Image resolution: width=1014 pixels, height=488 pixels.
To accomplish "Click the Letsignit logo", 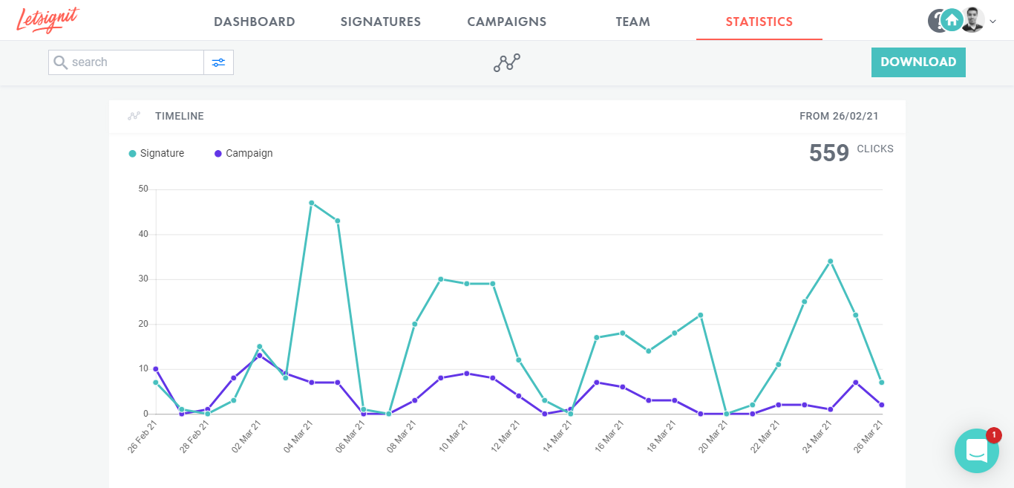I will coord(48,20).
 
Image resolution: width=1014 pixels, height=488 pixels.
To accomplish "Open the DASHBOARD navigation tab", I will coord(255,22).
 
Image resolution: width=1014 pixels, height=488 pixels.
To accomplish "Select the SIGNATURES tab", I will coord(381,22).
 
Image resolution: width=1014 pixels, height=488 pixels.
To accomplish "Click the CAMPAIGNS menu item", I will coord(507,22).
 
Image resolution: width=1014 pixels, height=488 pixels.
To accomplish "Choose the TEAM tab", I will coord(633,22).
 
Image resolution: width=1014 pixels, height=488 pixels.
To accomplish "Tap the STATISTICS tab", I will coord(759,22).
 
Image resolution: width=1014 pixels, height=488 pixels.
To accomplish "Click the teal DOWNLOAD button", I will coord(918,62).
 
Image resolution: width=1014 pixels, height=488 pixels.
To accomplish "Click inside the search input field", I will coord(134,62).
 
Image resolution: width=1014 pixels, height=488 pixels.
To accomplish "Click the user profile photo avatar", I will coord(972,20).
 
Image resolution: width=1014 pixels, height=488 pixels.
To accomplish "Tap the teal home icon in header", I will coord(952,20).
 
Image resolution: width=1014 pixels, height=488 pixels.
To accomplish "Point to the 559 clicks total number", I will coord(829,153).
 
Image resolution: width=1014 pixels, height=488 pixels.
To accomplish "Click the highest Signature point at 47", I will coord(311,203).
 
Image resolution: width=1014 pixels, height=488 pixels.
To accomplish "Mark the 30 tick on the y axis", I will coord(143,279).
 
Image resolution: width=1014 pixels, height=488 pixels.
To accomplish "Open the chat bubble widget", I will coord(977,451).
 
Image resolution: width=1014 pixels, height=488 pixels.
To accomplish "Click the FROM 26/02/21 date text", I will coord(839,117).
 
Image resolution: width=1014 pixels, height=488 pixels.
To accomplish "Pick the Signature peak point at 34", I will coord(830,261).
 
